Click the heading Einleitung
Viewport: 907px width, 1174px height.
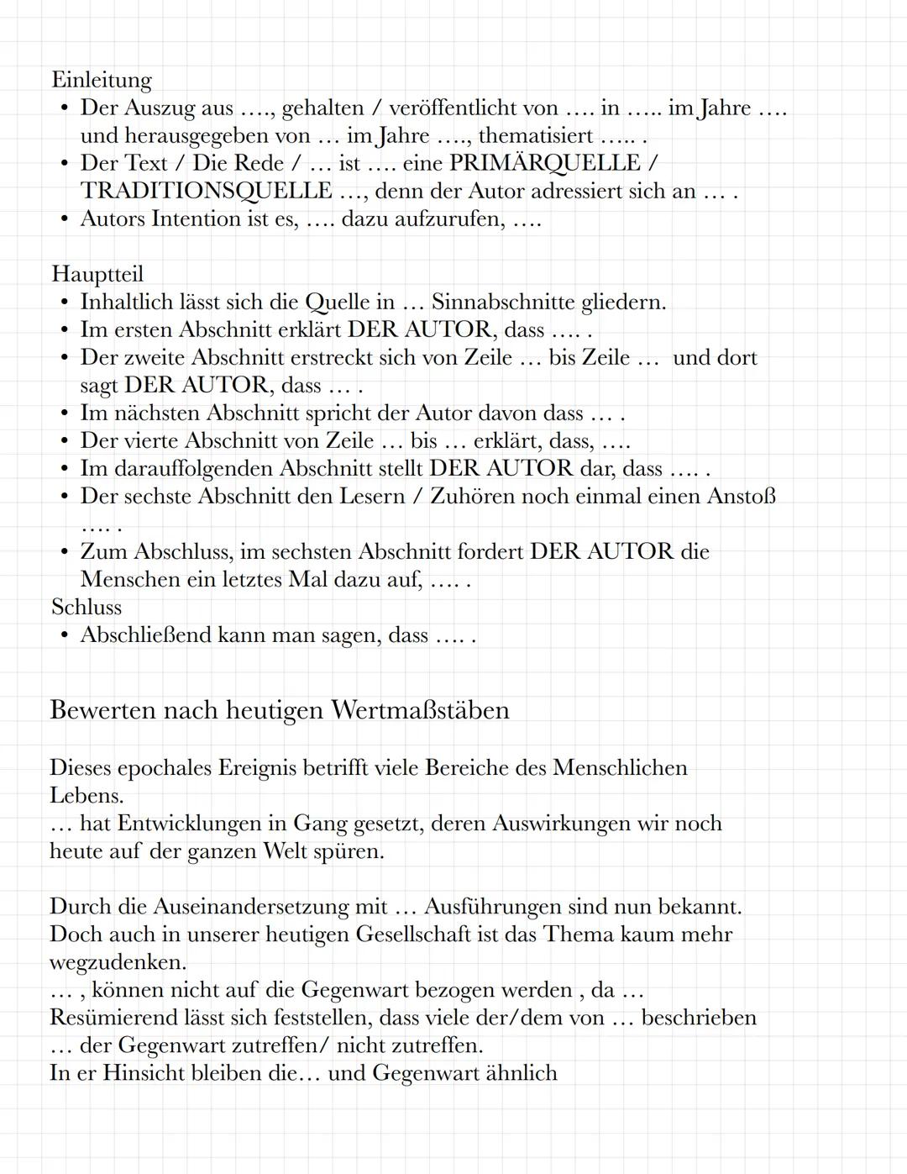coord(102,80)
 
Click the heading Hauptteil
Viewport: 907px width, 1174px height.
coord(97,274)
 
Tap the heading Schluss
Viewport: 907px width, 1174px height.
coord(87,607)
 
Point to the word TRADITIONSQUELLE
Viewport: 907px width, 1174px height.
coord(207,191)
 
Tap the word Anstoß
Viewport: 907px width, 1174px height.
coord(742,496)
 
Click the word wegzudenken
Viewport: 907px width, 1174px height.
coord(117,962)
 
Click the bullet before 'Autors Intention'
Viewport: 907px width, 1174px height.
coord(64,219)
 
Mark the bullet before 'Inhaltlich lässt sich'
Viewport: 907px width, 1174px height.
coord(64,303)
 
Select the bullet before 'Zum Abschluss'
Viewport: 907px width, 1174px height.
coord(64,552)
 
